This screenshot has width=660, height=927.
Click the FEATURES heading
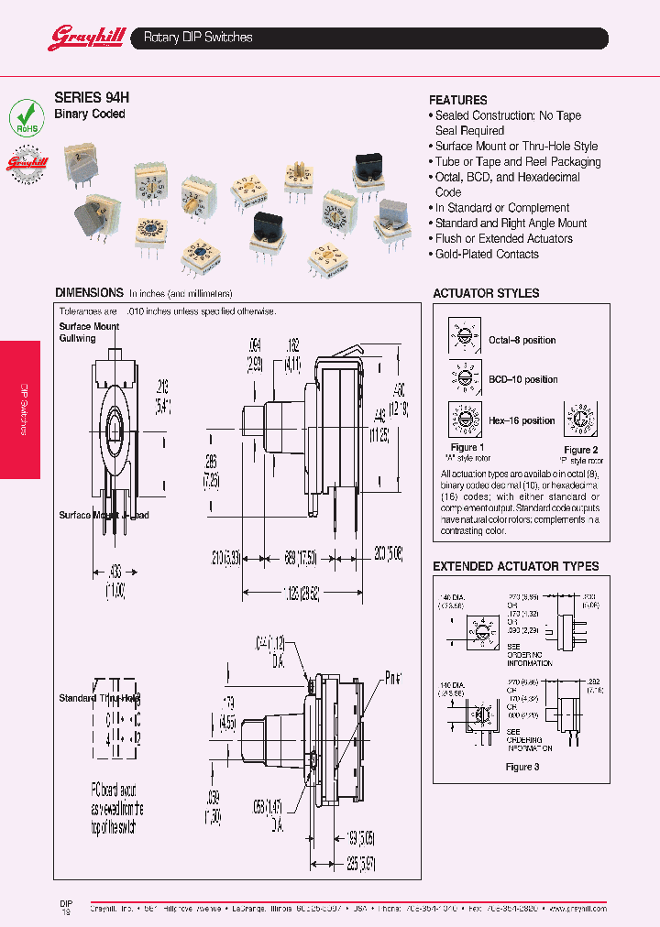[x=457, y=100]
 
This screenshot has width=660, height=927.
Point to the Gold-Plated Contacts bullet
[x=477, y=254]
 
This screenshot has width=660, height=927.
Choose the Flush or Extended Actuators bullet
[x=503, y=238]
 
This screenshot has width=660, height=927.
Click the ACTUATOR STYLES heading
[x=486, y=293]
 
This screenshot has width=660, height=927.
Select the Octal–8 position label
[x=522, y=340]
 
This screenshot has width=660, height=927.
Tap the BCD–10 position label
[x=522, y=379]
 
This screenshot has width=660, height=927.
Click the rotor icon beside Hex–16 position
[x=465, y=420]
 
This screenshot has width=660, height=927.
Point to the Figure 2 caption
[x=580, y=450]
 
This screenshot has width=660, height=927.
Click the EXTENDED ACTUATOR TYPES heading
[x=515, y=566]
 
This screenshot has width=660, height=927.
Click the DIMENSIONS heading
[x=89, y=293]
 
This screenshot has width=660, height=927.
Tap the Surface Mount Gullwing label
[x=89, y=332]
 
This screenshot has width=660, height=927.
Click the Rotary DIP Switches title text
[x=198, y=38]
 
